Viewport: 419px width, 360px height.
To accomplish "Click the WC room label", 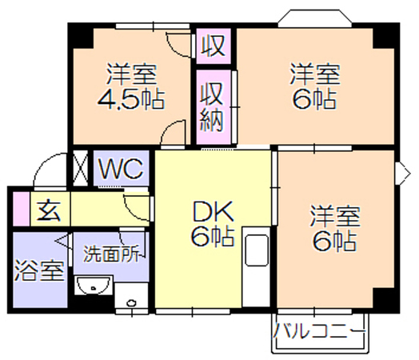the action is click(x=121, y=169).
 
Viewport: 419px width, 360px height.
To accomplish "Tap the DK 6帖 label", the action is click(x=213, y=223).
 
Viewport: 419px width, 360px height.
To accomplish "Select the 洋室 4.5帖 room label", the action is click(x=131, y=86).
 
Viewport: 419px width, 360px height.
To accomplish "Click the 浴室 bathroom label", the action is click(x=39, y=270).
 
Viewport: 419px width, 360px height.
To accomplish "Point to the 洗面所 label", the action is click(x=111, y=254).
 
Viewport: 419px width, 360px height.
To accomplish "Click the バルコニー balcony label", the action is click(x=319, y=330).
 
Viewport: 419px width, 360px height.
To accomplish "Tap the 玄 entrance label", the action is click(x=49, y=210).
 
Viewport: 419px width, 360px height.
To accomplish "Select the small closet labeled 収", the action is click(x=213, y=46).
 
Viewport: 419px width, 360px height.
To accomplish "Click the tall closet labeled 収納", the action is click(x=213, y=107).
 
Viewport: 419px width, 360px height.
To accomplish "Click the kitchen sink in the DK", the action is click(x=257, y=250).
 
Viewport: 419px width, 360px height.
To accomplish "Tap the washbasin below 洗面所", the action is click(x=94, y=286).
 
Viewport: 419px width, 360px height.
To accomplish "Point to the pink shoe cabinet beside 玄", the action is click(x=22, y=209).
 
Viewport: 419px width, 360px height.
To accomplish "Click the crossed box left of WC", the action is click(x=81, y=167).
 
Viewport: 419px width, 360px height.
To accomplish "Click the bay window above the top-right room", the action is click(x=315, y=18).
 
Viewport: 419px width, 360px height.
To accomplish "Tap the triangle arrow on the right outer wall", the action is click(x=405, y=173).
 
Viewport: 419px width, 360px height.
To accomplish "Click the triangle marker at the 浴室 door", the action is click(x=62, y=241).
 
